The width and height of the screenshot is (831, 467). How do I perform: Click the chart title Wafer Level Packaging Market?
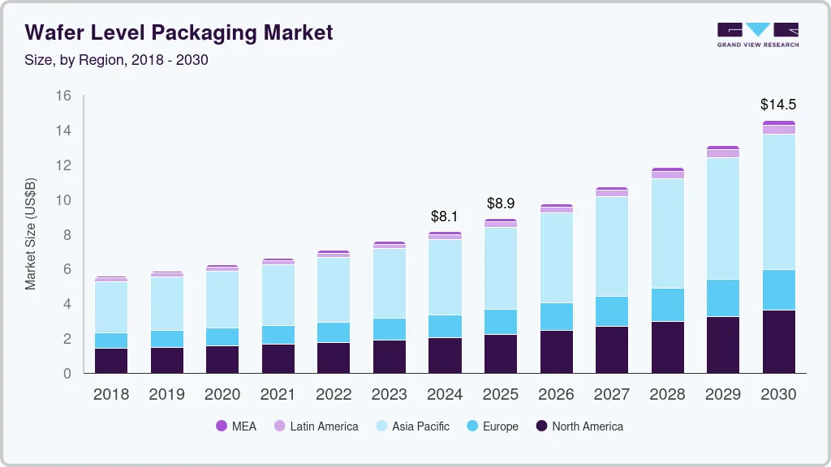tap(179, 33)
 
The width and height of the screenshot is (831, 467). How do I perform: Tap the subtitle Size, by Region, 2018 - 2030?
tap(117, 60)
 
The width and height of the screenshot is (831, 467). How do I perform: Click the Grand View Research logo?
tap(757, 35)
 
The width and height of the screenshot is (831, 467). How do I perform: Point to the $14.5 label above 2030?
tap(777, 105)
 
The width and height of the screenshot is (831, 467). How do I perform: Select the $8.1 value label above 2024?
tap(445, 216)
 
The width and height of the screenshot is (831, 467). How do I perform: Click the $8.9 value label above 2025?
tap(500, 204)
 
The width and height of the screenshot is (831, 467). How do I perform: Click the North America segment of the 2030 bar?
tap(777, 341)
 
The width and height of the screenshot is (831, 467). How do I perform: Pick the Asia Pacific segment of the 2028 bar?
tap(667, 233)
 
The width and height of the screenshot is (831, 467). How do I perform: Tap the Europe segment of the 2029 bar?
tap(722, 298)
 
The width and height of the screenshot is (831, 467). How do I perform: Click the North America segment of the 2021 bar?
tap(278, 358)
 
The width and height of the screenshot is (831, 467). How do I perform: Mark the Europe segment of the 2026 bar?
tap(556, 316)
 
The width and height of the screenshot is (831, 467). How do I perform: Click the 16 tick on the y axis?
tap(63, 96)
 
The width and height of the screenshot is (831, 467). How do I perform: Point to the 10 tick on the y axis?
tap(63, 200)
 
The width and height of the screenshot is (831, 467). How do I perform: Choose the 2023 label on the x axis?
tap(389, 395)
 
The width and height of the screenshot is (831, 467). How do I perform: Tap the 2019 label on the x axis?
tap(166, 395)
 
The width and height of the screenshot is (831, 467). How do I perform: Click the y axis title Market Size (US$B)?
tap(31, 233)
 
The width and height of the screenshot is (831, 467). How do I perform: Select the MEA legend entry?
tap(236, 426)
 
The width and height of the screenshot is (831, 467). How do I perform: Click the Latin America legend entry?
tap(316, 426)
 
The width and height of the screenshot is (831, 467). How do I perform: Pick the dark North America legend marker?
tap(540, 426)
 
